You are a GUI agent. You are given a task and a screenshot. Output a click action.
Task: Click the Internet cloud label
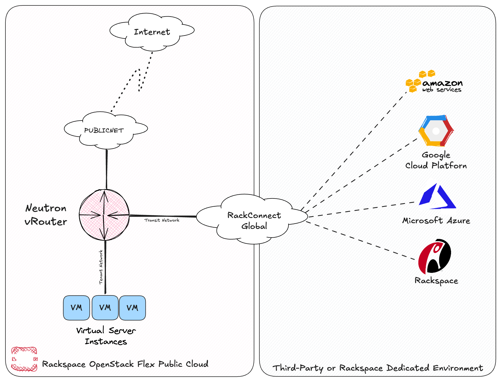pos(152,32)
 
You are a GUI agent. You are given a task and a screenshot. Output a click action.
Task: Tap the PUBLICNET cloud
pos(104,130)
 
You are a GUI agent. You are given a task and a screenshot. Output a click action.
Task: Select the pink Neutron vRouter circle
pos(104,215)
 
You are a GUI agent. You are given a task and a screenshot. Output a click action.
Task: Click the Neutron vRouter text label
pos(46,215)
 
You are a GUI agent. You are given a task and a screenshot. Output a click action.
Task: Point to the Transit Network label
pos(162,220)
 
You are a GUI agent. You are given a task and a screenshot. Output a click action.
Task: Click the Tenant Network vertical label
pos(101,267)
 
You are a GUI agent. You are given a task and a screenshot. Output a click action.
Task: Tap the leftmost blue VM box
pos(77,308)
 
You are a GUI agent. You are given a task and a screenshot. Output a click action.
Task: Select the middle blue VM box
pos(105,308)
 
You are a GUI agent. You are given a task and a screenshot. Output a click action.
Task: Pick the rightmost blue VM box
pos(132,308)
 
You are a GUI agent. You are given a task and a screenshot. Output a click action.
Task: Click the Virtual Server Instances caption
pos(106,336)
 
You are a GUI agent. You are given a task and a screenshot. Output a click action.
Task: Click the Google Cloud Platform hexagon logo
pos(436,131)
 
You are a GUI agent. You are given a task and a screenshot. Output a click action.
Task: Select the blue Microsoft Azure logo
pos(437,197)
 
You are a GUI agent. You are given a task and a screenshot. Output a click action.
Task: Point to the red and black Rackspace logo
pos(435,256)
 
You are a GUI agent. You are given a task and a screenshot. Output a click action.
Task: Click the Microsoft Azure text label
pos(436,220)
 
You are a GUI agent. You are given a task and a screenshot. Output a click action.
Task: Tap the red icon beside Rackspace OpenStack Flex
pos(24,359)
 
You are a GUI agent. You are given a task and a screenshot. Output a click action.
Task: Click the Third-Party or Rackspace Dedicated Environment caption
pos(378,368)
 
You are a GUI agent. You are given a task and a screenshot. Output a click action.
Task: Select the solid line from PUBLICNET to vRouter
pos(106,169)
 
